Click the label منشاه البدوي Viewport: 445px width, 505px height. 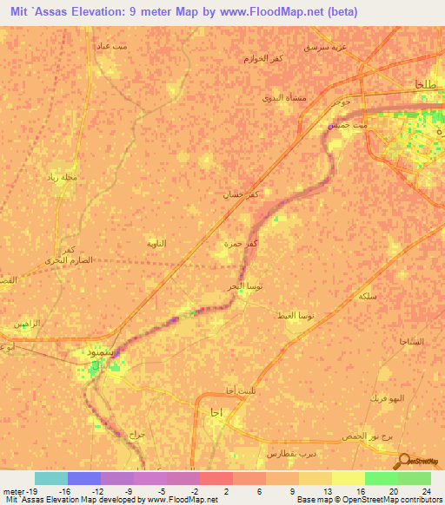(281, 98)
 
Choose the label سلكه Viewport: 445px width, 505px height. (367, 296)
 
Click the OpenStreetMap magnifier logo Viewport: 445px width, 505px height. (405, 461)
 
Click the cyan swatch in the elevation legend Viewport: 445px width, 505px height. (50, 477)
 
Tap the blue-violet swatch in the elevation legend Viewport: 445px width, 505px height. (83, 477)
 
